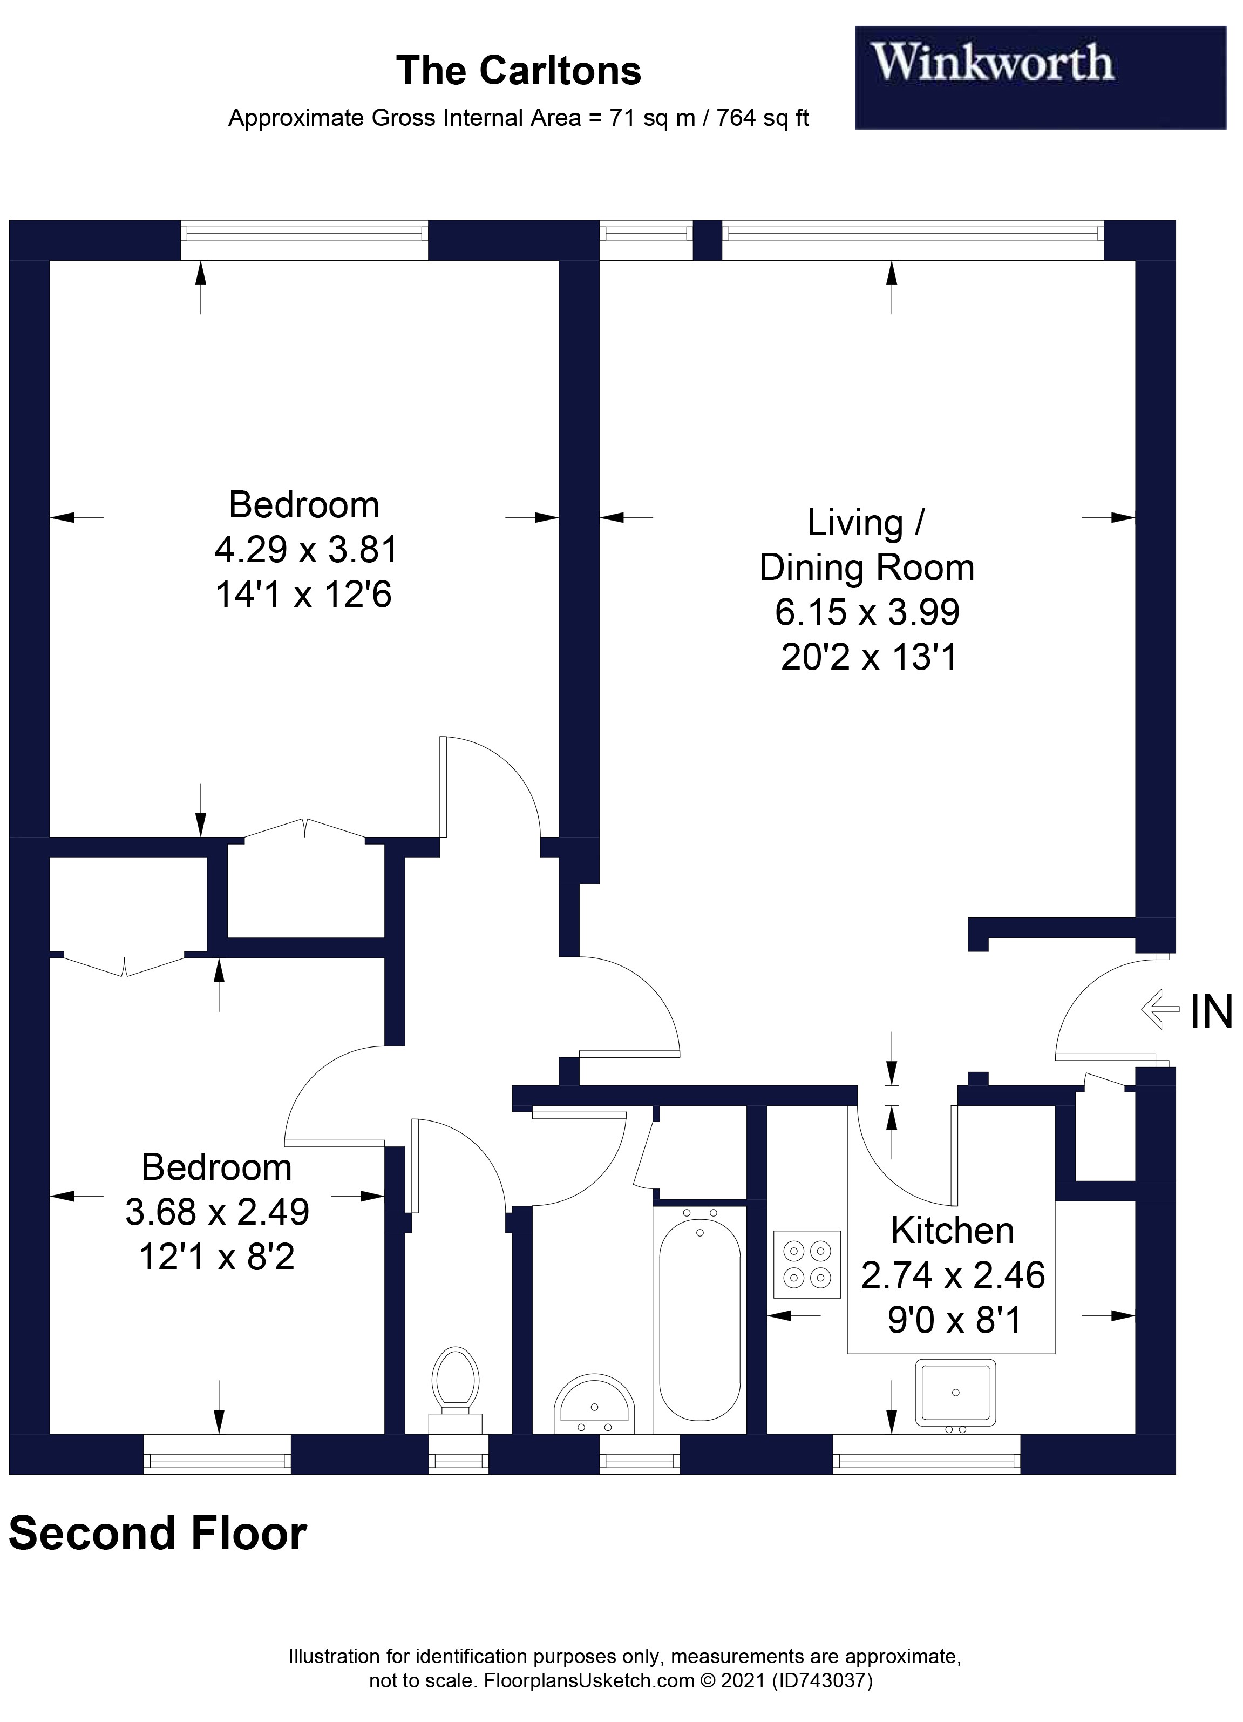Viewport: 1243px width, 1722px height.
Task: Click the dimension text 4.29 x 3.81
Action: pos(306,550)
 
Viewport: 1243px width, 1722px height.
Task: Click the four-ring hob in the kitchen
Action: pos(807,1265)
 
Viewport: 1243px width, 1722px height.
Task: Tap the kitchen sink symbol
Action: pos(955,1393)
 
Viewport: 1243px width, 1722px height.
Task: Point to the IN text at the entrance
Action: pos(1211,1012)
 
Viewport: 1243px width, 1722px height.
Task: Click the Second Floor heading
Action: pos(158,1533)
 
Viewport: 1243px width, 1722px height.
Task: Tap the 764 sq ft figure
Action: pos(763,118)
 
